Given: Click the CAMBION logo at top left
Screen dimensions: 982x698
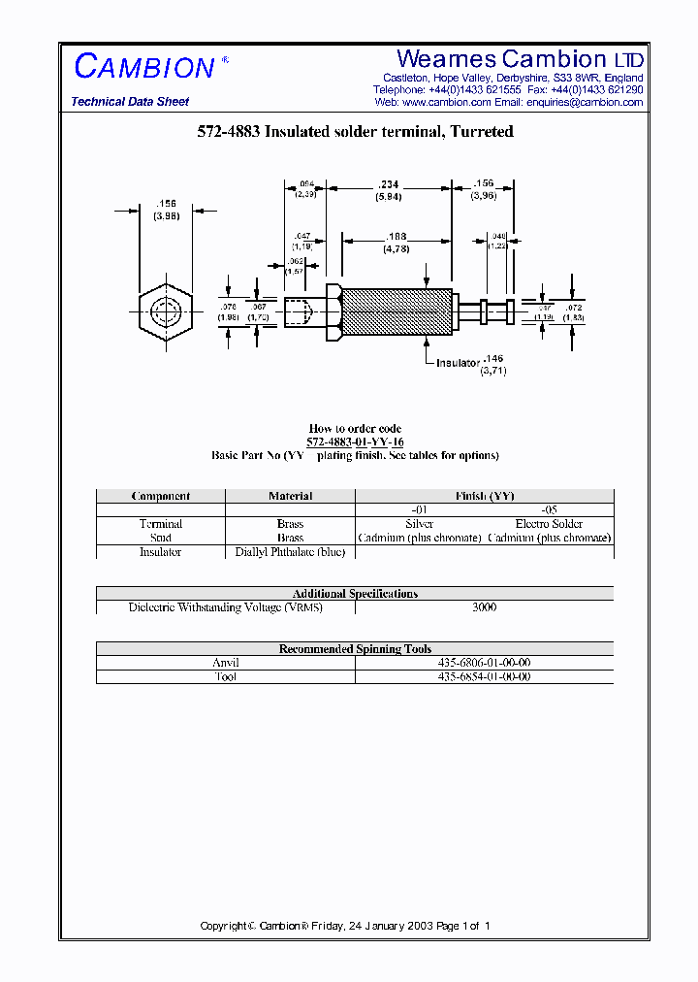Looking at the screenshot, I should [x=144, y=66].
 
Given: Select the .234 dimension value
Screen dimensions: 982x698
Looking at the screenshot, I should [x=388, y=184].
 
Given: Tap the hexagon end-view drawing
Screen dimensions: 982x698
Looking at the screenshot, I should [x=165, y=313].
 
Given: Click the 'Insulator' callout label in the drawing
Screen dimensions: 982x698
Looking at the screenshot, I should [x=458, y=363].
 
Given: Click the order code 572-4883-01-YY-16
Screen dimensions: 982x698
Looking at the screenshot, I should [x=355, y=442].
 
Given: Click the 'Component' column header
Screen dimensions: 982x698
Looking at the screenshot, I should [x=161, y=496].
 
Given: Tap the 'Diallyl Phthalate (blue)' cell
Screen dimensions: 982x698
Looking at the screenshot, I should [x=290, y=552].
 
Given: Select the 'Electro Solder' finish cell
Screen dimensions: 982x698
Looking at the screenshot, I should [x=549, y=524].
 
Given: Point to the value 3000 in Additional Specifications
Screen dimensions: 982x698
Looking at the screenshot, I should [x=484, y=607].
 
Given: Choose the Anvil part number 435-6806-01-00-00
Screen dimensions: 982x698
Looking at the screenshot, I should [x=484, y=663].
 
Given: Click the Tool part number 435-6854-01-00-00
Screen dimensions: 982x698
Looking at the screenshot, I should [x=484, y=676].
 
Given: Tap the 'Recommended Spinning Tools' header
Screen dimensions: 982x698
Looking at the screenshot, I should [x=355, y=649].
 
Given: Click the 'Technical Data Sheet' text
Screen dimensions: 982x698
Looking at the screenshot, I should [x=130, y=102].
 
